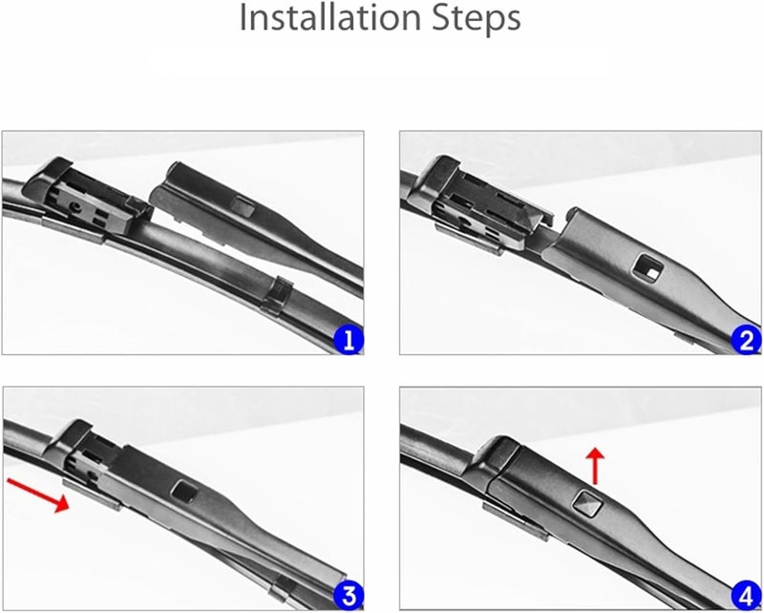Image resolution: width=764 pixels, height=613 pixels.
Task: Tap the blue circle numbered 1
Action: (x=350, y=339)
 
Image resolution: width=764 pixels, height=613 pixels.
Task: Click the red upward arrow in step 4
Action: (x=597, y=465)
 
